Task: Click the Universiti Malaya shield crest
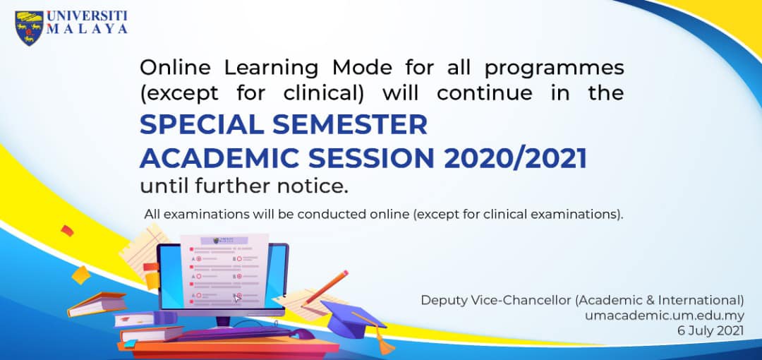pyautogui.click(x=29, y=28)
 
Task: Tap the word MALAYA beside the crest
pyautogui.click(x=87, y=29)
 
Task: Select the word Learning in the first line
pyautogui.click(x=271, y=68)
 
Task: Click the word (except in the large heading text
pyautogui.click(x=179, y=93)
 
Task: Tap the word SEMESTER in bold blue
pyautogui.click(x=350, y=125)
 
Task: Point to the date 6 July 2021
pyautogui.click(x=710, y=331)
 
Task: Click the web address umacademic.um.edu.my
pyautogui.click(x=665, y=316)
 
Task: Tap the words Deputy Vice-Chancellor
pyautogui.click(x=495, y=300)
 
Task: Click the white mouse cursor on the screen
pyautogui.click(x=236, y=298)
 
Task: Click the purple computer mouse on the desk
pyautogui.click(x=302, y=334)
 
